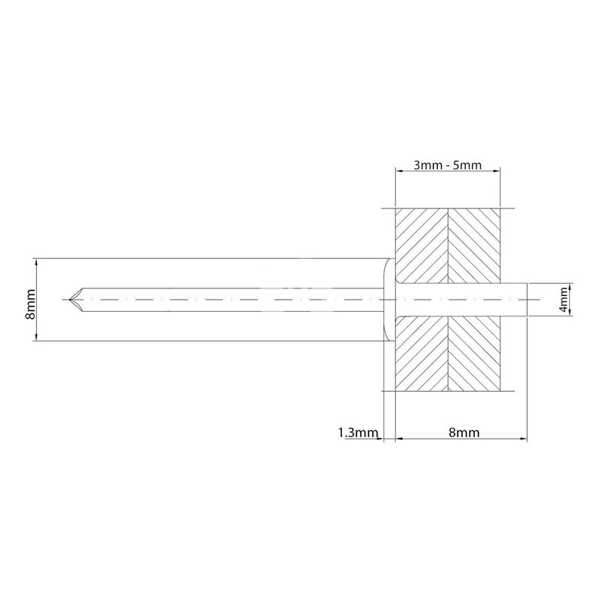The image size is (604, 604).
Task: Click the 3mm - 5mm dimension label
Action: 447,165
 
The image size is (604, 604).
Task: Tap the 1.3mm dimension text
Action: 358,433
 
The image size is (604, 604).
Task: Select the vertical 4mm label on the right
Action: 563,300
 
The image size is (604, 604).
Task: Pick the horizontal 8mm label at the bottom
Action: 464,433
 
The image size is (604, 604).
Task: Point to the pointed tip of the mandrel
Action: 69,299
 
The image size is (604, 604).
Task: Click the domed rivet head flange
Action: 389,300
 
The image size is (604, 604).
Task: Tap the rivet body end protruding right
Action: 514,300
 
